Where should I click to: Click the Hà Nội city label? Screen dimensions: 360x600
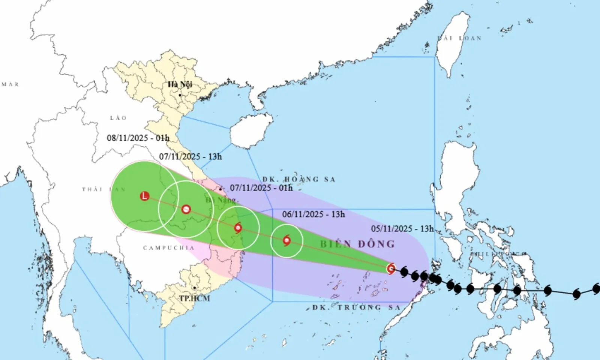[x=180, y=84]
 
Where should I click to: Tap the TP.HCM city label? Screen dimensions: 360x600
[x=194, y=298]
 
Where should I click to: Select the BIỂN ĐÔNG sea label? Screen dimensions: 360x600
[x=357, y=244]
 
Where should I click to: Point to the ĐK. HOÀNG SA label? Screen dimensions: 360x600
[x=298, y=179]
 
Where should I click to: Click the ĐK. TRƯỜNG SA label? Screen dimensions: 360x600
[x=356, y=307]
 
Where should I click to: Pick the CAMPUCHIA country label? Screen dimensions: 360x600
[x=169, y=248]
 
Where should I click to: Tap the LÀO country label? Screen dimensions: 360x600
[x=118, y=118]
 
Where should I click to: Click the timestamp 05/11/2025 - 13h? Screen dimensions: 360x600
[x=402, y=228]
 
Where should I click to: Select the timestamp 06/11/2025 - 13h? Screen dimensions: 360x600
[x=313, y=214]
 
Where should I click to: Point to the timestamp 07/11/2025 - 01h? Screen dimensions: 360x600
[x=261, y=187]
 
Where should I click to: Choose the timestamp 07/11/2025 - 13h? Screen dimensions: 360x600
[x=190, y=156]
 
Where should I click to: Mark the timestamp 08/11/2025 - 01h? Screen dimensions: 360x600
[x=138, y=138]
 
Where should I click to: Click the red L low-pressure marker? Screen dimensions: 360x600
[x=144, y=196]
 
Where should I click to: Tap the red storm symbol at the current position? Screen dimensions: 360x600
[x=391, y=268]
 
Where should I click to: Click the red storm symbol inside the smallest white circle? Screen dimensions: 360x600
[x=287, y=240]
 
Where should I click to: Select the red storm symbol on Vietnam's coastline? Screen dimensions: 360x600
[x=238, y=228]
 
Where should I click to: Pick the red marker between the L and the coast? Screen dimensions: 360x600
[x=186, y=209]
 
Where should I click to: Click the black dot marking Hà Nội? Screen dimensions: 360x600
[x=180, y=95]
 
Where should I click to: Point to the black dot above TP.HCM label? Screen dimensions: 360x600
[x=195, y=288]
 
